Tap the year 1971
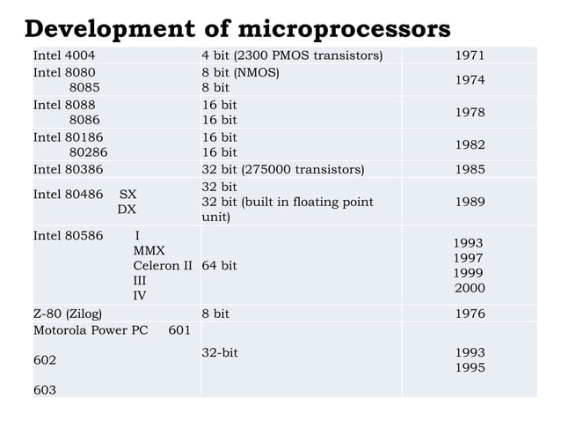click(469, 56)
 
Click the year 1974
click(469, 80)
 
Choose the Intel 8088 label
click(64, 104)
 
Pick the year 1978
click(469, 113)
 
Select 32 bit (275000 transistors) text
click(282, 169)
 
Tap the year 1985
click(469, 169)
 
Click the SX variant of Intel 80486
click(127, 194)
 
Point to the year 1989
click(469, 202)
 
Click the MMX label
click(149, 251)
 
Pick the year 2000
click(469, 288)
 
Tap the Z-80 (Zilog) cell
click(68, 314)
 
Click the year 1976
click(469, 314)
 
